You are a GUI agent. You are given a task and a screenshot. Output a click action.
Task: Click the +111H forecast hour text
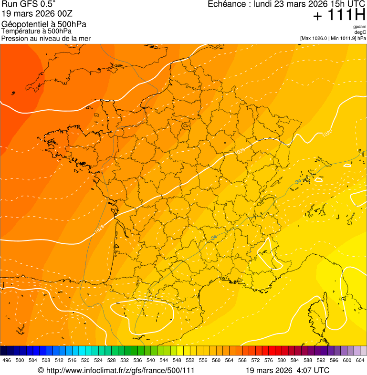click(x=339, y=16)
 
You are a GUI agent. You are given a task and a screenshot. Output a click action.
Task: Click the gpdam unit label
click(x=359, y=27)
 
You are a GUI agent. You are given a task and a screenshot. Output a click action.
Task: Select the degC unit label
click(x=360, y=32)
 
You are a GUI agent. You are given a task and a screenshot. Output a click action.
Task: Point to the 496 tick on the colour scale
click(x=7, y=360)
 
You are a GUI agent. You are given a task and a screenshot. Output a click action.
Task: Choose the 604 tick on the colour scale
click(x=360, y=360)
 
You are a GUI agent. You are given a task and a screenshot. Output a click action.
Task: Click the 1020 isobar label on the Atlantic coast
click(x=99, y=229)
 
